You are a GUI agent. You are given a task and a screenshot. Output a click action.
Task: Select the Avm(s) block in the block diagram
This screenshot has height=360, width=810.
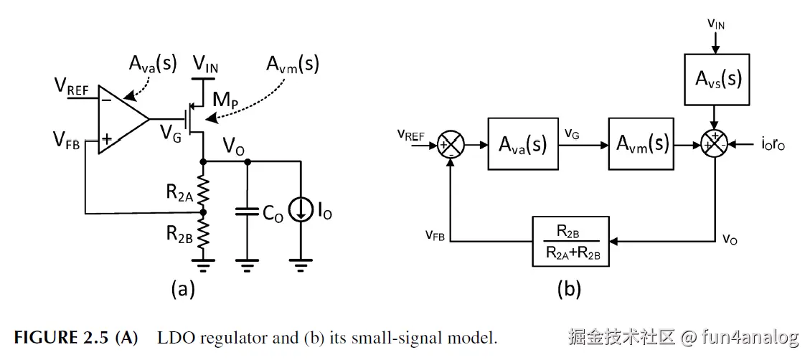[x=642, y=144]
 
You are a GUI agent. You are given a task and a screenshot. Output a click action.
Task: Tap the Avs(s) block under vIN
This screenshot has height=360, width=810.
[x=715, y=79]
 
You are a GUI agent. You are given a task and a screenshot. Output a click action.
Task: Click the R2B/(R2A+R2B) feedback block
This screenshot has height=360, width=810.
[x=571, y=241]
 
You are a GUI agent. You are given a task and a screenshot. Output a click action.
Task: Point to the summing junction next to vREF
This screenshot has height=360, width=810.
[x=451, y=145]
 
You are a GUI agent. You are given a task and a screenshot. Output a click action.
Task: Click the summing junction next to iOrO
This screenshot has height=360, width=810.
[x=715, y=145]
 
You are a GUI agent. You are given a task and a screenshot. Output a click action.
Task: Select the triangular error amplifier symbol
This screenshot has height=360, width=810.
[x=123, y=119]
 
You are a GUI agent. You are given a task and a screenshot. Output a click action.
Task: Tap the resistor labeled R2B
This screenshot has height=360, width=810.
[x=202, y=235]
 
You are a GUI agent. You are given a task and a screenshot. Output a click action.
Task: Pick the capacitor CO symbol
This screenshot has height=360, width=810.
[x=248, y=212]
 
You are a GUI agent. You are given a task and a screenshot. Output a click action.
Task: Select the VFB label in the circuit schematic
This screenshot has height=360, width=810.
[x=66, y=140]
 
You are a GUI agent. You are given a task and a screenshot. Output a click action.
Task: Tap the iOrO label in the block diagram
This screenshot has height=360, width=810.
[x=773, y=145]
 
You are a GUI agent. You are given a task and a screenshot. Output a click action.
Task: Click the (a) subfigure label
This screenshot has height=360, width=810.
[x=183, y=289]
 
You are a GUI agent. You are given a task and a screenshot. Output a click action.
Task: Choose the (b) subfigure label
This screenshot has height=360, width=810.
[x=568, y=289]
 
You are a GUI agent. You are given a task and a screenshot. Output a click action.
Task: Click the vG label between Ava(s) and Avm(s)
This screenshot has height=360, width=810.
[x=572, y=135]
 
